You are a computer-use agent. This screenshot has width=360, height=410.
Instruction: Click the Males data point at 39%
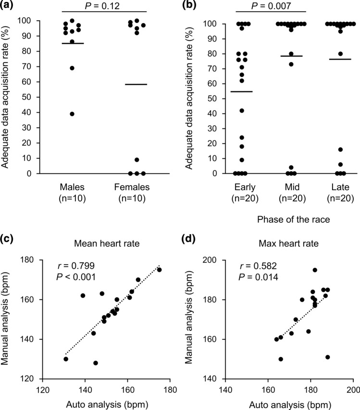coord(72,114)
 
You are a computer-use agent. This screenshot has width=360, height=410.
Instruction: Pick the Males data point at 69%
coord(72,68)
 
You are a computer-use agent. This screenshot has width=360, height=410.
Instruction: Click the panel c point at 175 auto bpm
coord(160,270)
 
